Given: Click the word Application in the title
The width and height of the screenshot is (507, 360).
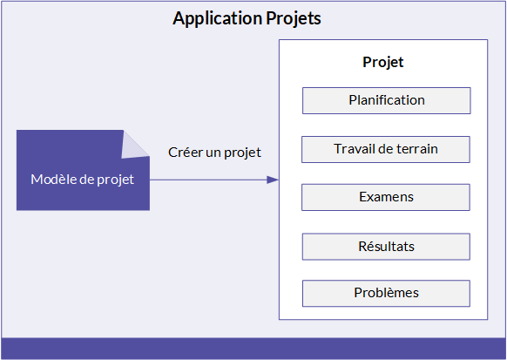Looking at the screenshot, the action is coord(218,19).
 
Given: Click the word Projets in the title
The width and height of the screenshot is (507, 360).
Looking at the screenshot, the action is coord(294,19).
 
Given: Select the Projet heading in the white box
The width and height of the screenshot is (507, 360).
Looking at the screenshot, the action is coord(382,63).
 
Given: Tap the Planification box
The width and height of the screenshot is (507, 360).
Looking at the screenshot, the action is coord(387,100).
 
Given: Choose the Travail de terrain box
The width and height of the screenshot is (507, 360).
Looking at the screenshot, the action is coord(386,149).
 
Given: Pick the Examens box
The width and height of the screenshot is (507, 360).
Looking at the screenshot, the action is coord(386,197).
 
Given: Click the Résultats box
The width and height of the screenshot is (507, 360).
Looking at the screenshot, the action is coord(386,247).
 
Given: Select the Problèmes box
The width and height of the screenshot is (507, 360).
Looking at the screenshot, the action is coord(386,294).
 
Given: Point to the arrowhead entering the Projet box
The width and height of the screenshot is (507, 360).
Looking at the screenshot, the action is coord(273,180).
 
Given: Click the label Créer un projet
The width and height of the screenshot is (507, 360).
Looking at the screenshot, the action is coord(214,153).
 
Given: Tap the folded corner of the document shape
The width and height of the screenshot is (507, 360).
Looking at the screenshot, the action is coord(134,146).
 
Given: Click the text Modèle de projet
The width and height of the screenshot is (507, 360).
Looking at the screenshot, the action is coord(82,180).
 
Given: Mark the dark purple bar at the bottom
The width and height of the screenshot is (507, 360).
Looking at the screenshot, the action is coord(253,349).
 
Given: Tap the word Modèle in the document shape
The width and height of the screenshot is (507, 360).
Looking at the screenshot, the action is coord(53,180).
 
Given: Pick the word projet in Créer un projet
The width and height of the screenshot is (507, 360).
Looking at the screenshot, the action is coord(242,153).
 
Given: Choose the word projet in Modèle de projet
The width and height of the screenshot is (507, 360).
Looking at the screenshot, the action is coord(116,180).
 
